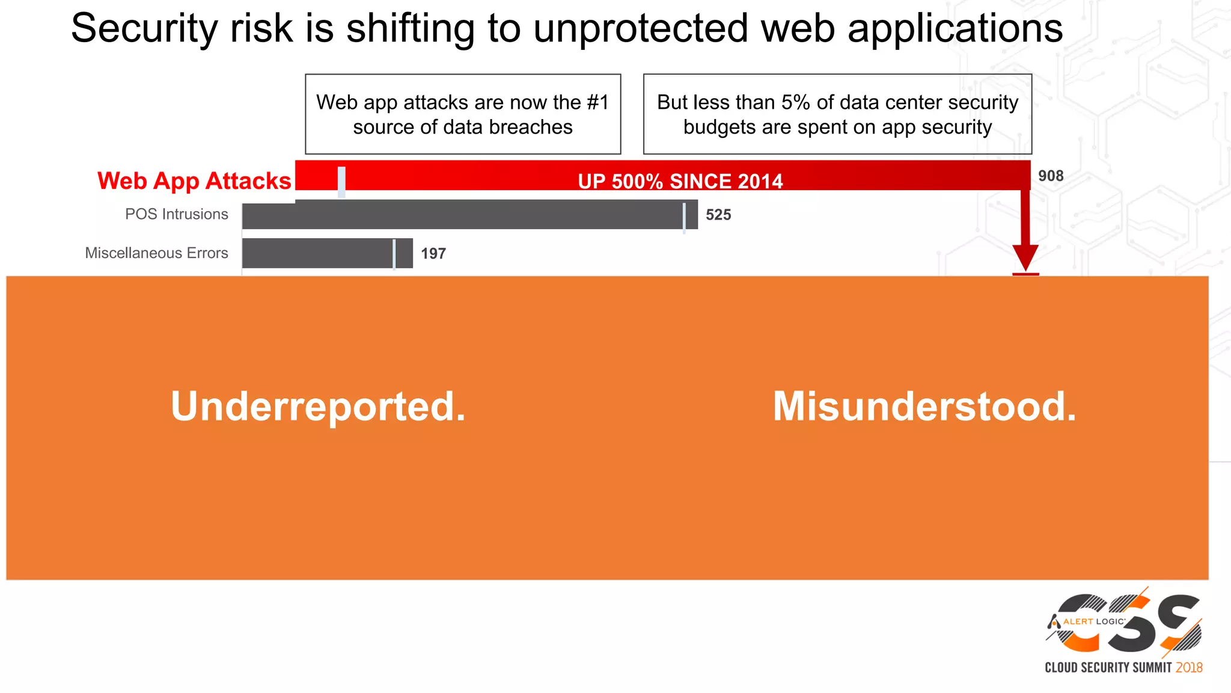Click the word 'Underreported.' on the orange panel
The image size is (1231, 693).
point(318,407)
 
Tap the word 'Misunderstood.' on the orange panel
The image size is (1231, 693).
point(924,407)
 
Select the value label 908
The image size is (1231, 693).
point(1051,176)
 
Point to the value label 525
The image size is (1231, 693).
point(718,215)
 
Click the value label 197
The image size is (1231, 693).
point(433,254)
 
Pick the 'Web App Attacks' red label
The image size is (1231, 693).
point(194,181)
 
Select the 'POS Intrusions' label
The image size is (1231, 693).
point(177,214)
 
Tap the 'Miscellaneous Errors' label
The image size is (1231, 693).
point(156,253)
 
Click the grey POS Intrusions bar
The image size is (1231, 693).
point(469,215)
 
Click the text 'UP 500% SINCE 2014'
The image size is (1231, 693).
point(680,182)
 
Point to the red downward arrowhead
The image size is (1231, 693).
point(1025,257)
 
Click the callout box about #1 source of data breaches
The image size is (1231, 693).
point(463,114)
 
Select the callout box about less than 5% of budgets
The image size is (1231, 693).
point(837,114)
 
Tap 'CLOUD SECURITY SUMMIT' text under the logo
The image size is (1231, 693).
point(1108,668)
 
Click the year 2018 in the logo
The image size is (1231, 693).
point(1189,668)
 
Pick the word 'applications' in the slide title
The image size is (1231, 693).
point(955,29)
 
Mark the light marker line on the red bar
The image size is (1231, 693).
point(341,182)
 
